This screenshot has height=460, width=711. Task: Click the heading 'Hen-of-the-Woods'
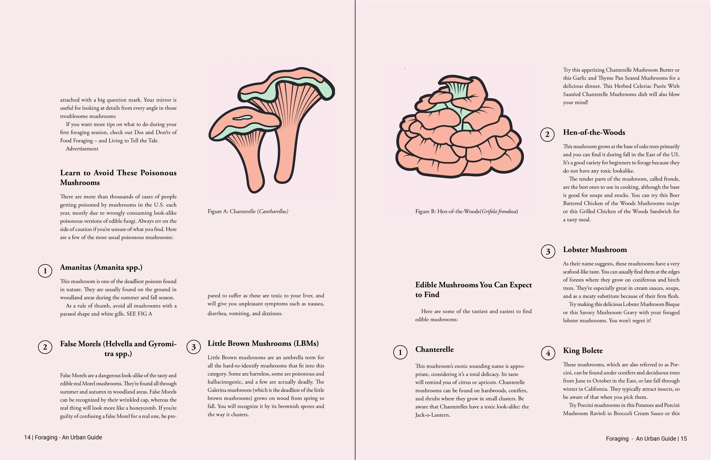pyautogui.click(x=594, y=132)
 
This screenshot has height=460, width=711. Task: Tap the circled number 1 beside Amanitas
pyautogui.click(x=45, y=271)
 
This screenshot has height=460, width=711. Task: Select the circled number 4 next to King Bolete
pyautogui.click(x=548, y=353)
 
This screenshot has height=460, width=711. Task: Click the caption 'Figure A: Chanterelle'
pyautogui.click(x=248, y=212)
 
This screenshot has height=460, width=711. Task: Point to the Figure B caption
pyautogui.click(x=466, y=212)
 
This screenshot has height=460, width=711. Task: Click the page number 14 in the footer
pyautogui.click(x=27, y=437)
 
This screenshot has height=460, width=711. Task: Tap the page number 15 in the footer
pyautogui.click(x=683, y=438)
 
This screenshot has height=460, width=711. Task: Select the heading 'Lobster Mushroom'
pyautogui.click(x=595, y=249)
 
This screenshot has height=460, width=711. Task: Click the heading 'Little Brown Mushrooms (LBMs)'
pyautogui.click(x=263, y=343)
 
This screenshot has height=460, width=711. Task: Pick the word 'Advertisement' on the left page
pyautogui.click(x=82, y=149)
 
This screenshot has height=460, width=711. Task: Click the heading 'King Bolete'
pyautogui.click(x=583, y=350)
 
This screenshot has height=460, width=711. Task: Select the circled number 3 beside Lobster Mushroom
pyautogui.click(x=548, y=252)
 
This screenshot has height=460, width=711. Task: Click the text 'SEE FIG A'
pyautogui.click(x=139, y=314)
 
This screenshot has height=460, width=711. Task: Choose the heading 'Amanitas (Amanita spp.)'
pyautogui.click(x=101, y=267)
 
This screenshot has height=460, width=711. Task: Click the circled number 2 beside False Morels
pyautogui.click(x=45, y=347)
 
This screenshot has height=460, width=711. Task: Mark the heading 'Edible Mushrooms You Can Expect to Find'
pyautogui.click(x=474, y=290)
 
